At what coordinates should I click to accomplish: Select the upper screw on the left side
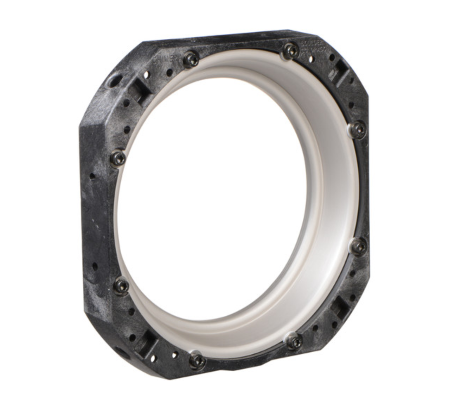(118, 155)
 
